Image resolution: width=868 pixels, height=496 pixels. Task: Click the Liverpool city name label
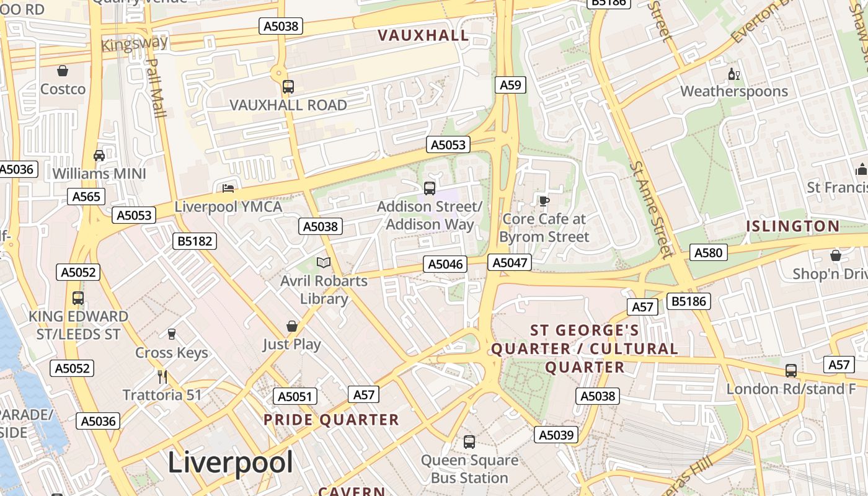click(x=231, y=463)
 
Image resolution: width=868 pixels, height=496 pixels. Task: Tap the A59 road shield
click(x=510, y=85)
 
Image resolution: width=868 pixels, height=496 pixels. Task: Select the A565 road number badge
click(x=86, y=197)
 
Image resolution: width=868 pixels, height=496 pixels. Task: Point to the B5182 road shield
click(x=195, y=241)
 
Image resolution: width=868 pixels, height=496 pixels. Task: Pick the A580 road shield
click(x=709, y=252)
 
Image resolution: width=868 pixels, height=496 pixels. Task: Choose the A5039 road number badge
click(x=556, y=435)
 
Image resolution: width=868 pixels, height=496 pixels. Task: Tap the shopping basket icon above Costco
click(x=63, y=71)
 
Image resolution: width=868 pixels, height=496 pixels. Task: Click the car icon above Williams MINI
click(x=99, y=155)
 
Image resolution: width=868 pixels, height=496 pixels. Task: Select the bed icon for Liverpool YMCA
click(x=228, y=188)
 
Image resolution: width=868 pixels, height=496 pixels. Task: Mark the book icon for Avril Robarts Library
click(x=323, y=262)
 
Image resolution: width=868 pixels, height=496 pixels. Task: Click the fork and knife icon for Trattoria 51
click(x=162, y=376)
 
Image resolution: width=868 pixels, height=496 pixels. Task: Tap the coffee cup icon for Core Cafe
click(x=544, y=200)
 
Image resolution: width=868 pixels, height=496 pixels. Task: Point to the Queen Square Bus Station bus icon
click(x=469, y=441)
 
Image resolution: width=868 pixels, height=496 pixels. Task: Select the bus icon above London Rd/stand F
click(x=791, y=370)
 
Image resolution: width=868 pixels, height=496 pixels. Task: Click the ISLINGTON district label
click(x=792, y=226)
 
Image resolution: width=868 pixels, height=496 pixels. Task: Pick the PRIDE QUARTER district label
click(x=331, y=420)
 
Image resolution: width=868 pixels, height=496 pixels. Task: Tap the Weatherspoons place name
click(x=734, y=92)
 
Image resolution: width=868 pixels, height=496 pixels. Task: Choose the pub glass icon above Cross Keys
click(x=172, y=334)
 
